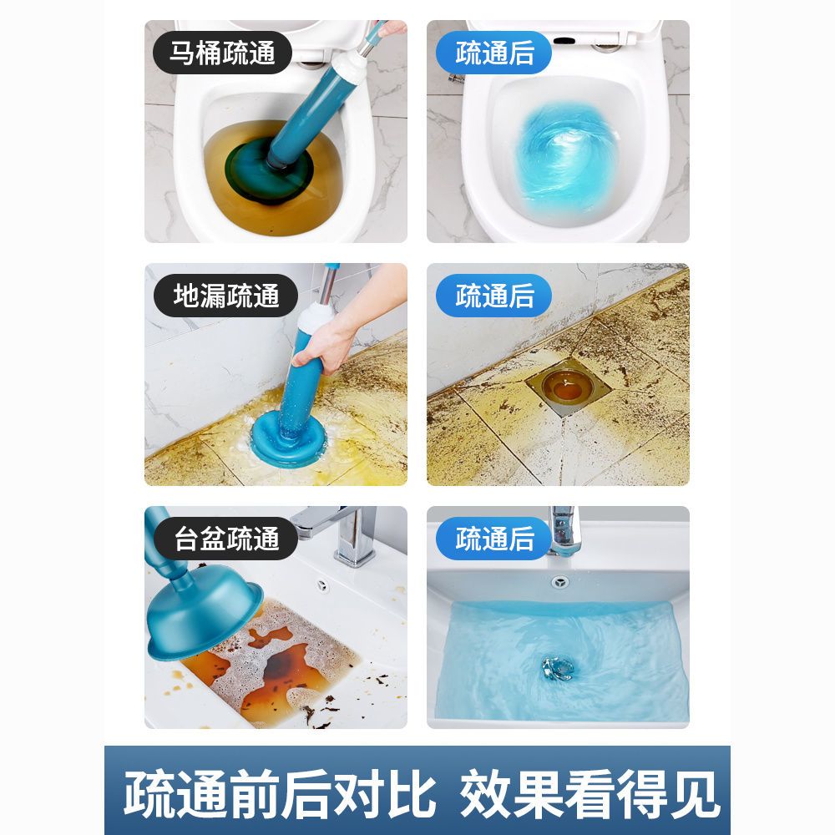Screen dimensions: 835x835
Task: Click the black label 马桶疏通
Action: (223, 53)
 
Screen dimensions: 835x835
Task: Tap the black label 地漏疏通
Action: (225, 296)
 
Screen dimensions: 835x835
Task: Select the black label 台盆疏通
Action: (225, 539)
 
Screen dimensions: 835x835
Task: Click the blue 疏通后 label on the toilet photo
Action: (493, 53)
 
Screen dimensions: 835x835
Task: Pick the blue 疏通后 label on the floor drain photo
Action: (493, 296)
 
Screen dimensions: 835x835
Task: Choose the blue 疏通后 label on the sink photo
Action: (493, 539)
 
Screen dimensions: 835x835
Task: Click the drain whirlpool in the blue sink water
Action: (557, 668)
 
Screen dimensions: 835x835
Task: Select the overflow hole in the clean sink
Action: (559, 581)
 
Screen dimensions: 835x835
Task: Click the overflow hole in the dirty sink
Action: (323, 584)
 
